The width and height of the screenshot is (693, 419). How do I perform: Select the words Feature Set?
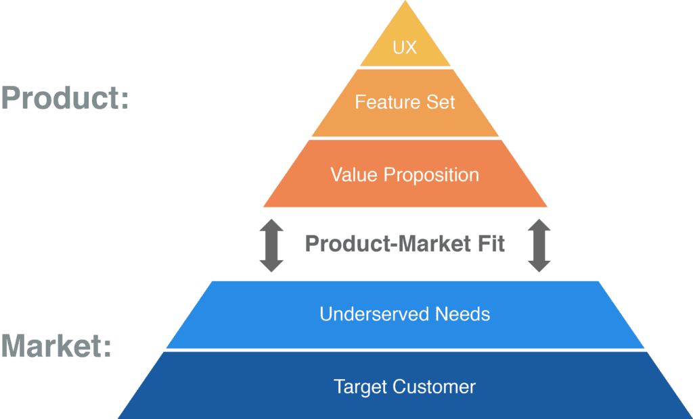click(x=405, y=102)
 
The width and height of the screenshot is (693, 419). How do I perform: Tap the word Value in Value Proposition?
click(x=354, y=174)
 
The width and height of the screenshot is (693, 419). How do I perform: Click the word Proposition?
click(x=431, y=175)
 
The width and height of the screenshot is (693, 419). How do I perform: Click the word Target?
click(x=360, y=387)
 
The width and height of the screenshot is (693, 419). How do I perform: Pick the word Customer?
click(x=435, y=387)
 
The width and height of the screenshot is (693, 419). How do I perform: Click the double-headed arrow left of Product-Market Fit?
click(x=271, y=245)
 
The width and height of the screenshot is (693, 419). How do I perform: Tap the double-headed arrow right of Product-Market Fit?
click(x=539, y=245)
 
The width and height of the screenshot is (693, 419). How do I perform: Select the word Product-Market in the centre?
click(x=383, y=243)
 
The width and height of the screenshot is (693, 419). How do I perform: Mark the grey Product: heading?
click(x=65, y=98)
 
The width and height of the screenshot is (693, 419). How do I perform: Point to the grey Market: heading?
click(x=56, y=345)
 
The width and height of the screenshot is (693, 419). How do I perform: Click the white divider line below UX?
click(x=405, y=68)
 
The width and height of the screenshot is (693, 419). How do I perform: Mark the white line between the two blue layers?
click(x=405, y=350)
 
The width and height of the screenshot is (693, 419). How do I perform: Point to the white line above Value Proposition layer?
click(x=405, y=139)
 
